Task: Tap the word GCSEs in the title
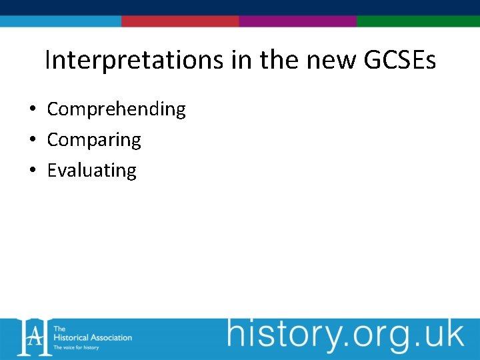coord(400,61)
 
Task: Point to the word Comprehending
coord(116,109)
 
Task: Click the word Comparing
coord(94,139)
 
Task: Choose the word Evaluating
coord(91,170)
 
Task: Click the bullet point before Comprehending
coord(32,109)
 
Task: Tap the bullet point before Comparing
coord(32,140)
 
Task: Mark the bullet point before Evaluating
coord(32,171)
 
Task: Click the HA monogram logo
coord(33,337)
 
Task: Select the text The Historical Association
coord(93,333)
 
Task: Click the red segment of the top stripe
coord(180,21)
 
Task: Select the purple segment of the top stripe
coord(297,21)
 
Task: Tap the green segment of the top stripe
coord(418,21)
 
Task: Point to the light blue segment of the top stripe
coord(61,21)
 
